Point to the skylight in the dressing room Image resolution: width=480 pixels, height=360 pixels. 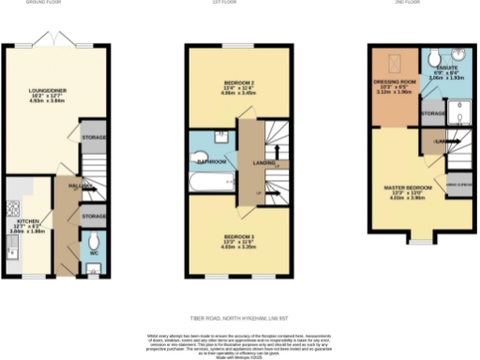pyautogui.click(x=395, y=64)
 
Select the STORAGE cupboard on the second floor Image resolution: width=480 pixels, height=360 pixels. pyautogui.click(x=433, y=113)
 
